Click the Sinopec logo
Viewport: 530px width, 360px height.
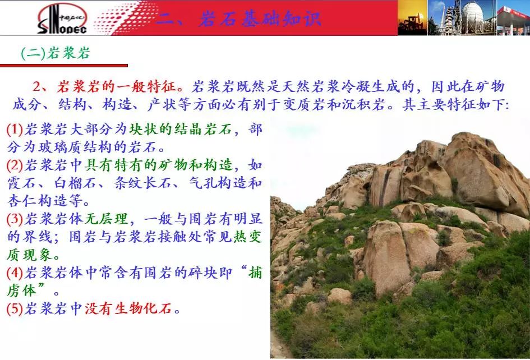click(x=62, y=19)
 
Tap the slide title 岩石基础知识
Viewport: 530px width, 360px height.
click(x=259, y=19)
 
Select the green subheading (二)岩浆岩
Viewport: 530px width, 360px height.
click(x=56, y=53)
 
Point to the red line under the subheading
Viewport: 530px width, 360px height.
click(x=64, y=65)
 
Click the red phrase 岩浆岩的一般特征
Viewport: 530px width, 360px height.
click(x=117, y=86)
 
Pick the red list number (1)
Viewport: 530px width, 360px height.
click(x=15, y=130)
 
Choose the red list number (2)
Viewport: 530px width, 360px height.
click(x=15, y=165)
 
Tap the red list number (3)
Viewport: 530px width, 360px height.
click(x=15, y=219)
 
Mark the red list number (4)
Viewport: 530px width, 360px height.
click(x=15, y=273)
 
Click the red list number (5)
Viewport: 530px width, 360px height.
click(x=15, y=308)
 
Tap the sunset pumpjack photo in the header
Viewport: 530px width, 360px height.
click(x=412, y=17)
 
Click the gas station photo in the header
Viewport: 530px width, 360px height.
click(x=513, y=17)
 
